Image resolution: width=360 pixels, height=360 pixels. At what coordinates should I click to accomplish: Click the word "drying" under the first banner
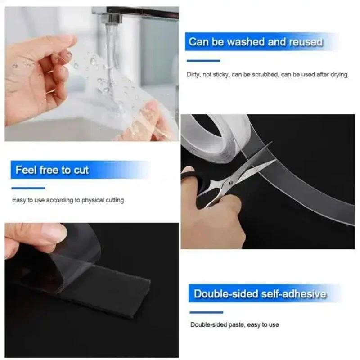338,75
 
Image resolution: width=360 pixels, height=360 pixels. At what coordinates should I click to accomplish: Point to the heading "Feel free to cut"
52,170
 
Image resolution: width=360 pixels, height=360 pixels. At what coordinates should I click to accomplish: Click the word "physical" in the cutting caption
94,200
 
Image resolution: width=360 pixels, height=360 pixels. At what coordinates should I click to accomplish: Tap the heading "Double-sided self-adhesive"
260,295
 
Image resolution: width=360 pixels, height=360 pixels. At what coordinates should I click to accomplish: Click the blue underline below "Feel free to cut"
28,188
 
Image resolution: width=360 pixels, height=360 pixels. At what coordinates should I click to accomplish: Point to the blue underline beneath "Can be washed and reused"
203,61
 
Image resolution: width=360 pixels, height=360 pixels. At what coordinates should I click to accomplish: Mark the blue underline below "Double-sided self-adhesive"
206,312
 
